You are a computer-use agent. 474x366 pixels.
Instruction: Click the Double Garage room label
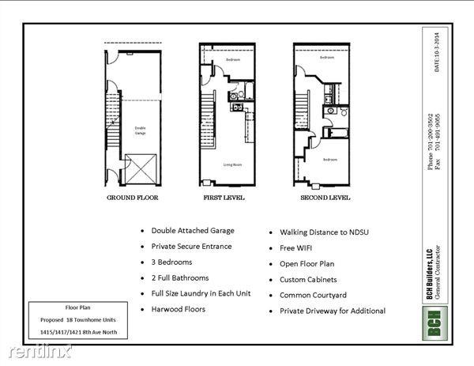point(140,131)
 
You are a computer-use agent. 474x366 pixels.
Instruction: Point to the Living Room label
point(232,164)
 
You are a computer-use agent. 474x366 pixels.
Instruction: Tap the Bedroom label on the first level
point(232,60)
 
